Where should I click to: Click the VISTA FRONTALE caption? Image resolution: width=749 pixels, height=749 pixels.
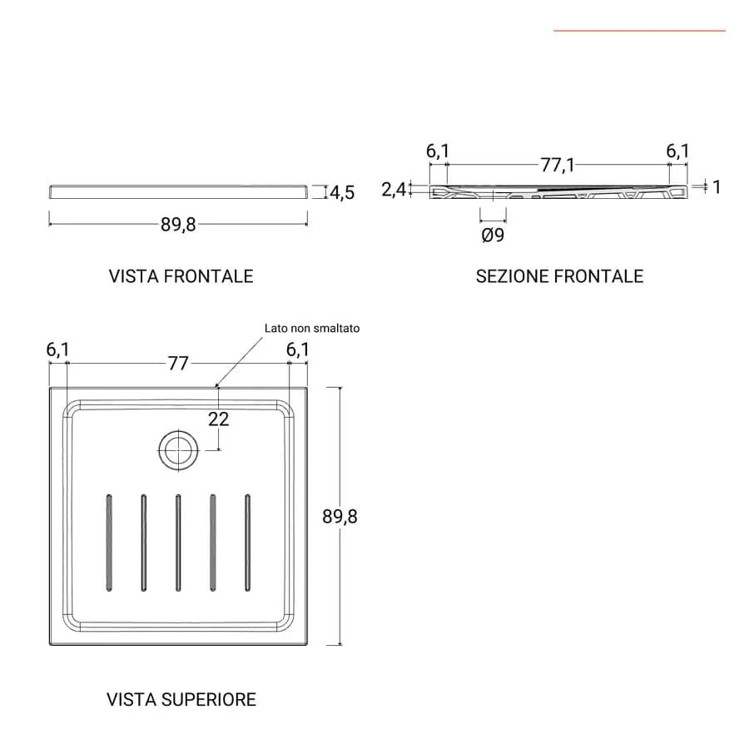(x=181, y=276)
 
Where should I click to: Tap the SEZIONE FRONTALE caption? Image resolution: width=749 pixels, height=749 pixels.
(x=559, y=276)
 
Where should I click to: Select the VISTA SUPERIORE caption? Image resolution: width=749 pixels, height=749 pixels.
(x=181, y=699)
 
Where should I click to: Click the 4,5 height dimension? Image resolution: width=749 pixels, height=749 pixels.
(x=342, y=192)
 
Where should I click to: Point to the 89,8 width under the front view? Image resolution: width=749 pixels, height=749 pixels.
(x=178, y=224)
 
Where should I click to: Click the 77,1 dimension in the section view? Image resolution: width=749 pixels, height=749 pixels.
(x=558, y=166)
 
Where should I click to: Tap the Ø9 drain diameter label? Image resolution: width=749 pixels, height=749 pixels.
(x=493, y=235)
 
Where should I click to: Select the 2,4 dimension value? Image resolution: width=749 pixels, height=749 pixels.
(x=394, y=190)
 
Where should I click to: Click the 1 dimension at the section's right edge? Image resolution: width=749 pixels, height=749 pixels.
(x=716, y=186)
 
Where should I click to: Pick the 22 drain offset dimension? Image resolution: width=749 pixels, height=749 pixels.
(x=218, y=419)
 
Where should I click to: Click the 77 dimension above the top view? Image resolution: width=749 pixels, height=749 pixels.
(x=178, y=364)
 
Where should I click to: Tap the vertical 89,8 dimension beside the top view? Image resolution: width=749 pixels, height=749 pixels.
(x=340, y=516)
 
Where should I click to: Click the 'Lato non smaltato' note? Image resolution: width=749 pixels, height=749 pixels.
(x=312, y=328)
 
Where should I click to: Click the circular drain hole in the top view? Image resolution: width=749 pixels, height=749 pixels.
(x=178, y=450)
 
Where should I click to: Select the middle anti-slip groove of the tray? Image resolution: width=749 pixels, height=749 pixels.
(x=178, y=543)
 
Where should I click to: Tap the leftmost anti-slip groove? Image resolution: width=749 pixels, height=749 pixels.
(x=109, y=543)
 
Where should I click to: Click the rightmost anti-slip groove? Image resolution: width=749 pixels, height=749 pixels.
(x=247, y=543)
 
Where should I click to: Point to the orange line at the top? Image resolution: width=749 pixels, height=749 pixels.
(x=640, y=31)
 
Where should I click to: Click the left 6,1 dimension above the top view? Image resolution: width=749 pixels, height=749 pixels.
(x=57, y=350)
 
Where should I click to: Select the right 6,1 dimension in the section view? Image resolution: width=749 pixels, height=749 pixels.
(x=677, y=151)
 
